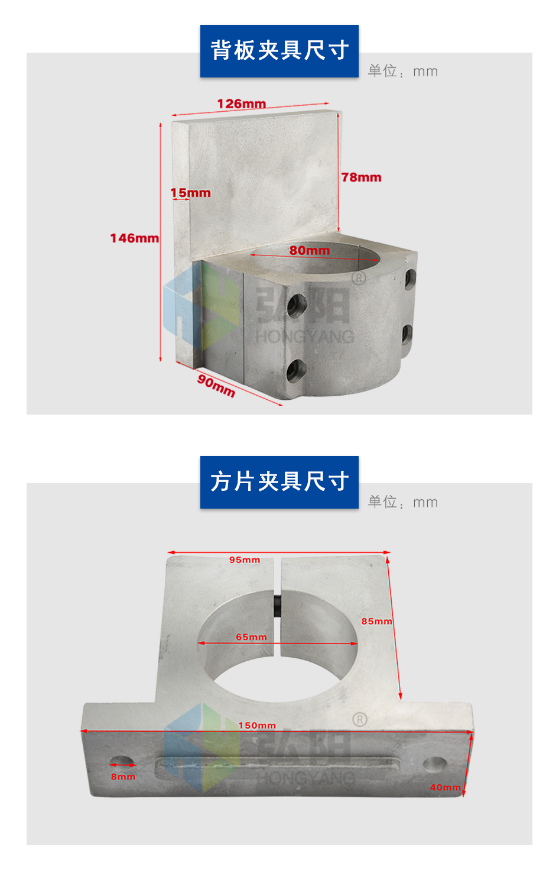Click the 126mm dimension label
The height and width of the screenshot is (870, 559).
click(241, 104)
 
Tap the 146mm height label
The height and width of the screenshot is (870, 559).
click(134, 238)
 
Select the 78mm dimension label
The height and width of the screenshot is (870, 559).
click(361, 177)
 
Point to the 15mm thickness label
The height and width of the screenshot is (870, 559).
click(190, 192)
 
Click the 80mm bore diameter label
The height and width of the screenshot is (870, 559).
click(310, 250)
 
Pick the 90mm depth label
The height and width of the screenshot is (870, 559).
click(216, 385)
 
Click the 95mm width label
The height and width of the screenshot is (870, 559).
click(245, 559)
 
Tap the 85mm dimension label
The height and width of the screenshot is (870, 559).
click(376, 621)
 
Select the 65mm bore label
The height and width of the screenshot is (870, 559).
click(251, 637)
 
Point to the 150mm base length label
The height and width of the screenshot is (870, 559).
click(257, 725)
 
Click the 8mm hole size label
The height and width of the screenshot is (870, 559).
click(123, 777)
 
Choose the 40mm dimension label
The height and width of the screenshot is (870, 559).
click(446, 787)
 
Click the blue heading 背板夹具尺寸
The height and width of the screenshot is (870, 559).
click(279, 51)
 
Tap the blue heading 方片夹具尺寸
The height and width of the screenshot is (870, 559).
click(279, 482)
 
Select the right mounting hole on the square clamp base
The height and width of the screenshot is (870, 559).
click(434, 764)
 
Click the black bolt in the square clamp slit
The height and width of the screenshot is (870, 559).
click(277, 604)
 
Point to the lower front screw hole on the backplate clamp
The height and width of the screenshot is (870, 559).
click(297, 370)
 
